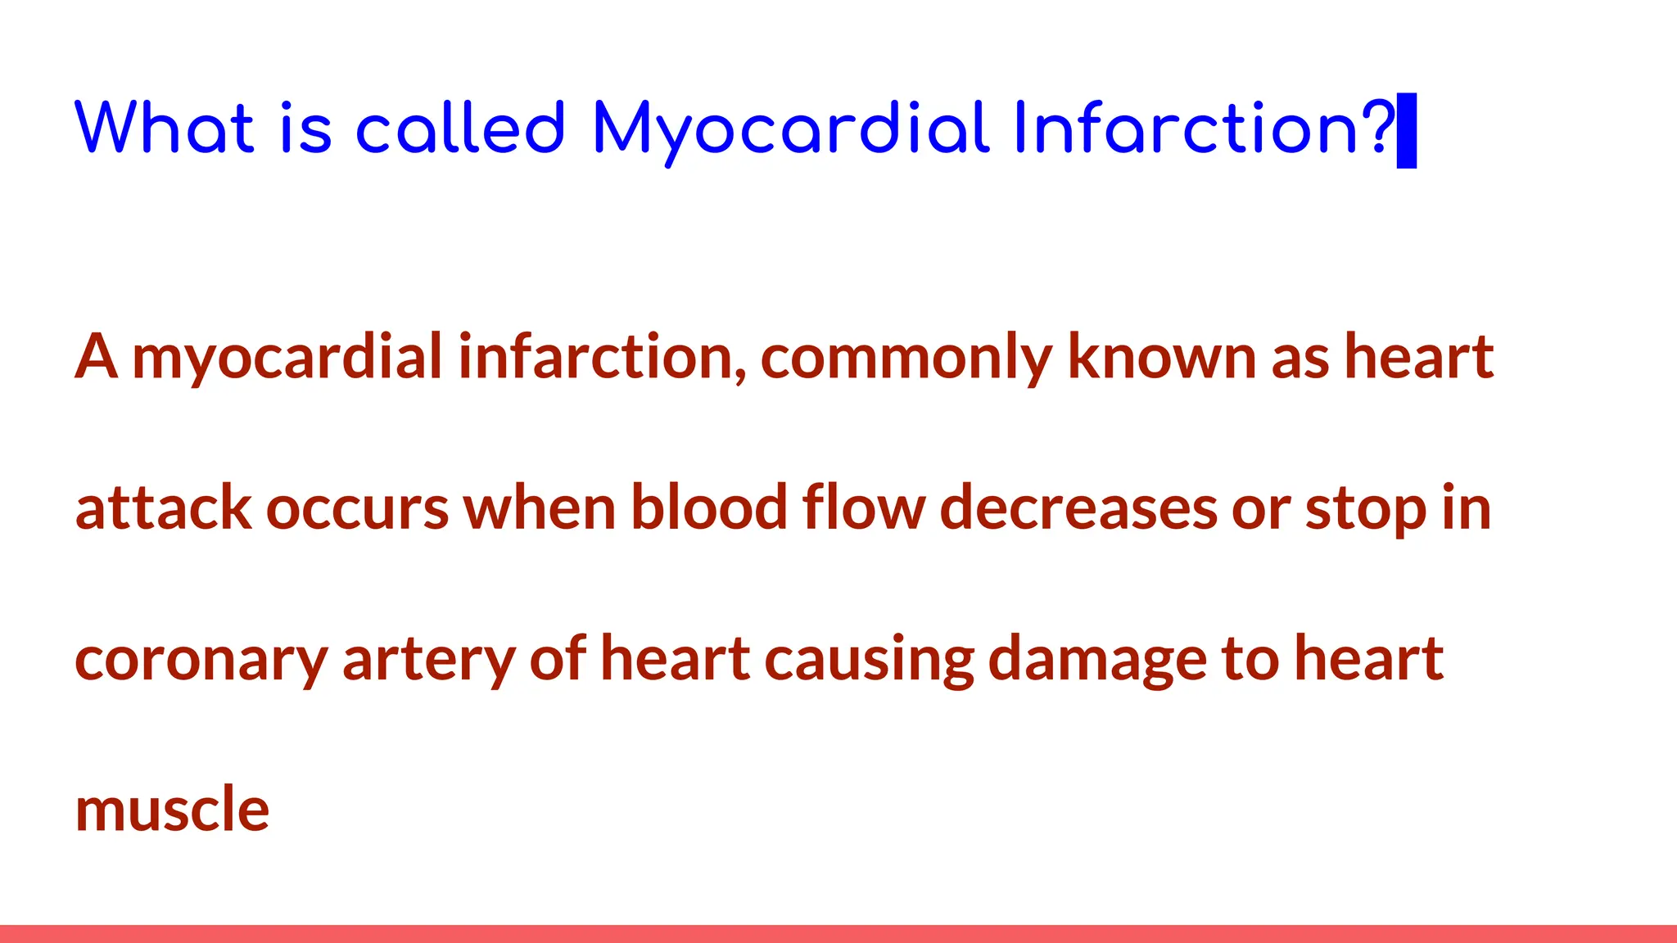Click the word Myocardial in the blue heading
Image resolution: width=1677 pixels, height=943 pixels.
(x=791, y=129)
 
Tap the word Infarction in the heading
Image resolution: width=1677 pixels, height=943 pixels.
(x=1186, y=129)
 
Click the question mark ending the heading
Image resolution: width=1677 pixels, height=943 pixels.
(x=1381, y=127)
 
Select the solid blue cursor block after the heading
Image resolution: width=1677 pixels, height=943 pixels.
(x=1407, y=131)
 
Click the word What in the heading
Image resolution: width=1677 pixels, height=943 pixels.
(x=165, y=129)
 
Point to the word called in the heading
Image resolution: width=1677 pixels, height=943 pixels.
(x=460, y=129)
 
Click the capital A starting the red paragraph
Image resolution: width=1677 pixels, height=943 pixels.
(x=96, y=358)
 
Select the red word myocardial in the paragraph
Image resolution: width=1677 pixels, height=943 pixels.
(x=287, y=358)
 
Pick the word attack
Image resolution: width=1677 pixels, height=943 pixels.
(x=163, y=508)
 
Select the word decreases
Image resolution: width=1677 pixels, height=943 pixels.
(x=1078, y=508)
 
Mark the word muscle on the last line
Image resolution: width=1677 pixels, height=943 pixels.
(x=172, y=810)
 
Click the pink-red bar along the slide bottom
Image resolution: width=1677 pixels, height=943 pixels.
(x=838, y=934)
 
